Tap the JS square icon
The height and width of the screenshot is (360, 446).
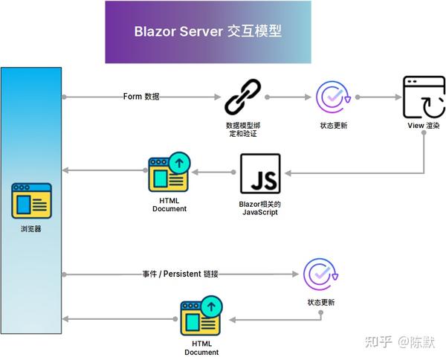(x=260, y=174)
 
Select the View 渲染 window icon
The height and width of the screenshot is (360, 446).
(x=424, y=97)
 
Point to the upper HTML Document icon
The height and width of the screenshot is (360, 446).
(x=169, y=172)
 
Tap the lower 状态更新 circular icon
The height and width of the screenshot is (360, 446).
(x=321, y=275)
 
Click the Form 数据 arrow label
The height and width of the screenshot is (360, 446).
(x=141, y=97)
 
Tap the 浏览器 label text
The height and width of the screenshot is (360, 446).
(x=31, y=229)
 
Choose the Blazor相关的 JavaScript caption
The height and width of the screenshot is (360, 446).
(x=260, y=209)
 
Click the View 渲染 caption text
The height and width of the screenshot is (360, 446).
(x=424, y=126)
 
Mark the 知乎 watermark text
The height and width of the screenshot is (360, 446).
(x=378, y=341)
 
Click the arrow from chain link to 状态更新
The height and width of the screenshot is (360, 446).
(x=286, y=97)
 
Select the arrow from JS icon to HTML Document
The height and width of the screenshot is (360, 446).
(x=216, y=173)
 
